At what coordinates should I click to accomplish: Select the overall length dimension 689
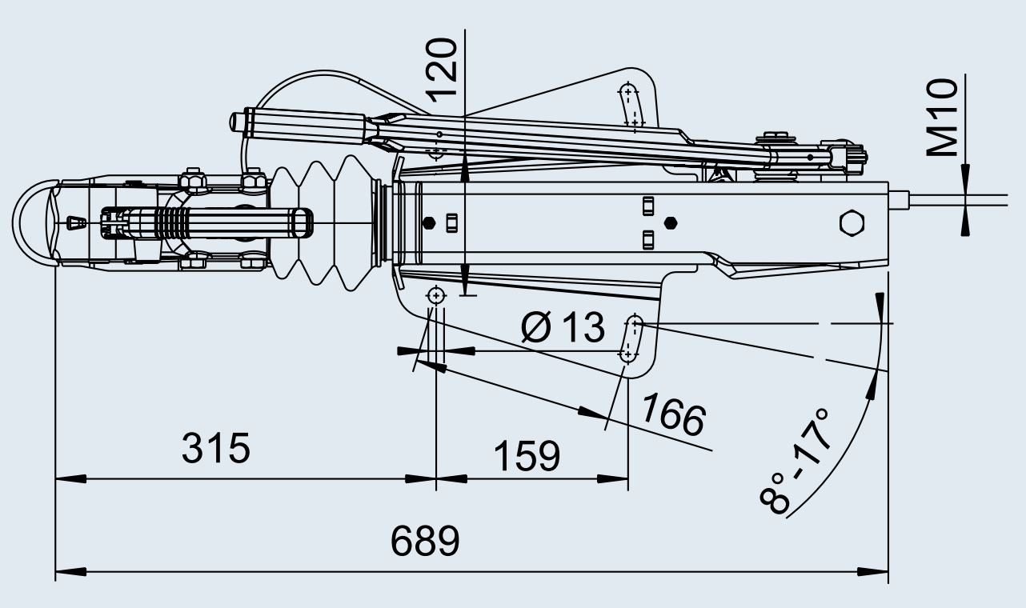(425, 542)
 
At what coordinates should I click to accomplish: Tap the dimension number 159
(526, 456)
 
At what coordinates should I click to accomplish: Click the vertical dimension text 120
(443, 69)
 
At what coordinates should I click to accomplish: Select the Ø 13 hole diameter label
(563, 327)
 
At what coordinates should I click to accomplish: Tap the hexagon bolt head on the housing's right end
(852, 223)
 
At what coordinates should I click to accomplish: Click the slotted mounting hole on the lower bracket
(631, 338)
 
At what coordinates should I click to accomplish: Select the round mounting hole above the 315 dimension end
(436, 295)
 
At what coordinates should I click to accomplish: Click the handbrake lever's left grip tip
(238, 122)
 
